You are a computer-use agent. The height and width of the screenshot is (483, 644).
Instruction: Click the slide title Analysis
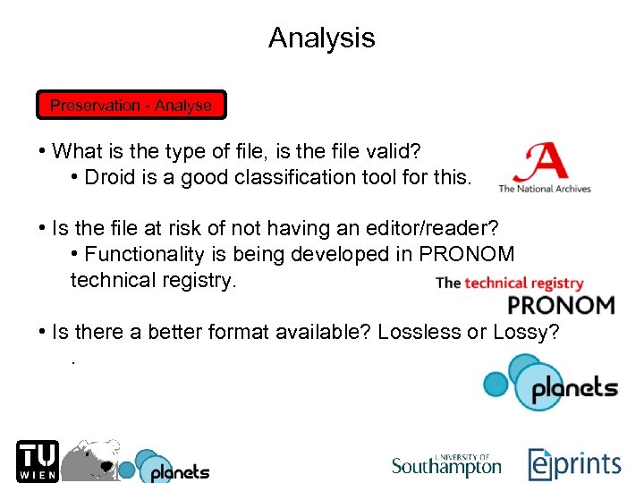coord(321,38)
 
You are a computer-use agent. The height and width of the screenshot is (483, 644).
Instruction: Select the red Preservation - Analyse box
coord(131,106)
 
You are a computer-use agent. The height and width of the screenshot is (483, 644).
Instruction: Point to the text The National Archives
coord(544,189)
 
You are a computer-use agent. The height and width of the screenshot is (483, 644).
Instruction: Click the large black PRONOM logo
coord(561,306)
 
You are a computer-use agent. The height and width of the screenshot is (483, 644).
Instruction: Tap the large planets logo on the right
coord(549,384)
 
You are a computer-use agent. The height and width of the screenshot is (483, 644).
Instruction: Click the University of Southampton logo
coord(446,464)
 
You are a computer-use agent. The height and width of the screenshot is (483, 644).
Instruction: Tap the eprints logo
coord(573,464)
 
